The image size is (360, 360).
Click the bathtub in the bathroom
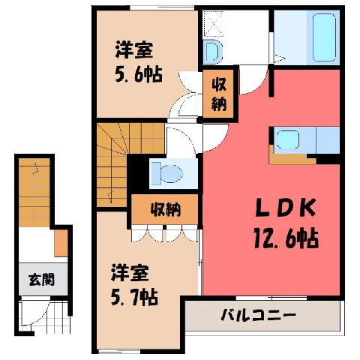pos(324,37)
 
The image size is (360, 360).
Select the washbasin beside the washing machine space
pos(212,51)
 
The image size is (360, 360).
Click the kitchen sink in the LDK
pos(288,139)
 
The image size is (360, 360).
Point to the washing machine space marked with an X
pos(213,24)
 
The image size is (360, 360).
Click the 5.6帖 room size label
pos(139,74)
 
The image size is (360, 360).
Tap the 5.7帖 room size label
pos(134,297)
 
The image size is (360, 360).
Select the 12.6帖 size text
pos(286,238)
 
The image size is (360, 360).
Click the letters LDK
pos(286,208)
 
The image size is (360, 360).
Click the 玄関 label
pos(41,280)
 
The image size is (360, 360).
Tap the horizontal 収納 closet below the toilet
pos(165,209)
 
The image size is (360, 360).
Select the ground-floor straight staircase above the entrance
pos(34,193)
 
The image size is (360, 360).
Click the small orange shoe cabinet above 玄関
pos(61,243)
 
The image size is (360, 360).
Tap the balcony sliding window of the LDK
pos(271,298)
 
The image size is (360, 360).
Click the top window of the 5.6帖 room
pos(162,7)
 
